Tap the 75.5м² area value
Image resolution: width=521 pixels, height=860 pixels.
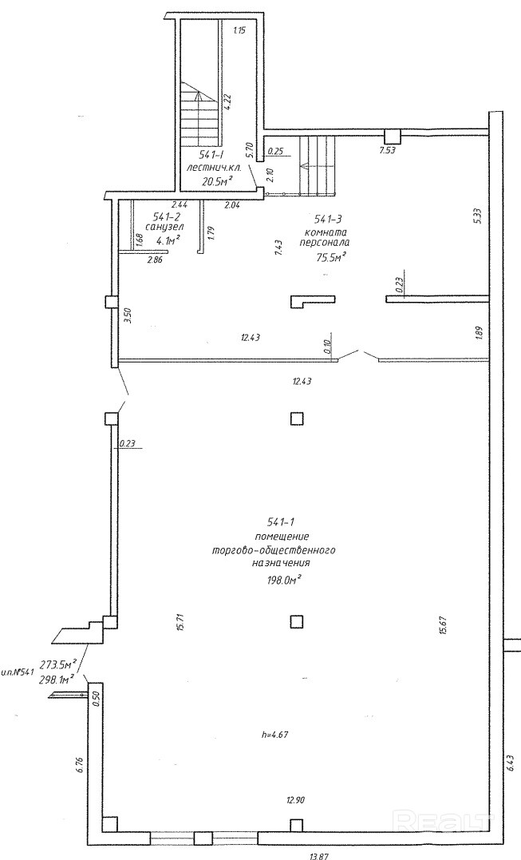[329, 257]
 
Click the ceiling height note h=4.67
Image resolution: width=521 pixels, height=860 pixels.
[274, 734]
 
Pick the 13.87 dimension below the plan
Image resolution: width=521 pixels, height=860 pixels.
[318, 855]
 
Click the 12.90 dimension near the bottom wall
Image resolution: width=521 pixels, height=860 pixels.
[297, 799]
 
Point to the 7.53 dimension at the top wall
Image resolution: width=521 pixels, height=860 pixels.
[387, 149]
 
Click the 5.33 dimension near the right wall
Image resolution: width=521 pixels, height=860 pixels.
[476, 216]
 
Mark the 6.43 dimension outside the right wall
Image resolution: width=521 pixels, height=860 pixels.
[510, 763]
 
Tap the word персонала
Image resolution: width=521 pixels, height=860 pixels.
[326, 244]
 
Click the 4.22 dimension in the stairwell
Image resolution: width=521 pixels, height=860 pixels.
[228, 101]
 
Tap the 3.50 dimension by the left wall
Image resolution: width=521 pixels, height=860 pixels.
[126, 314]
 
